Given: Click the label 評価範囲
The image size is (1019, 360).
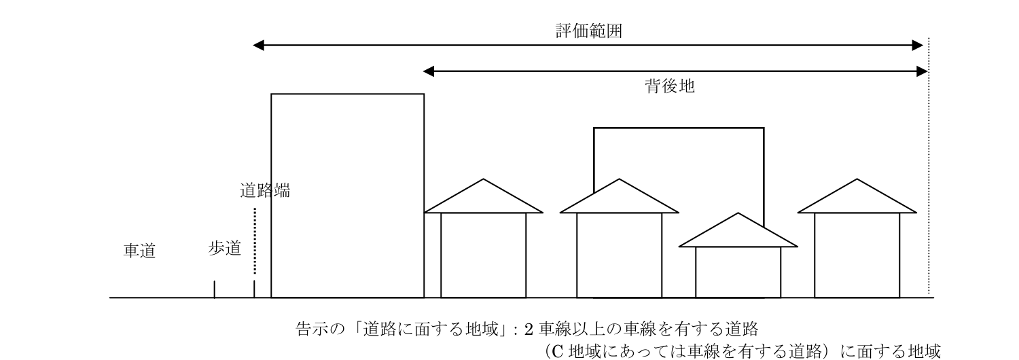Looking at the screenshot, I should pyautogui.click(x=588, y=31).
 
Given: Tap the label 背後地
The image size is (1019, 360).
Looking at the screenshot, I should pyautogui.click(x=669, y=87).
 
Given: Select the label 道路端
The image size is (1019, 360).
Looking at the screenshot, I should pyautogui.click(x=265, y=191).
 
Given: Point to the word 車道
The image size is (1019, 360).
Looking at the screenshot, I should pyautogui.click(x=139, y=251).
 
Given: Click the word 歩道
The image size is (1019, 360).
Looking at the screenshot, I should pyautogui.click(x=225, y=249).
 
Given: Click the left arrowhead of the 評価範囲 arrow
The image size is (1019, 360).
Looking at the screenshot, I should pyautogui.click(x=258, y=46).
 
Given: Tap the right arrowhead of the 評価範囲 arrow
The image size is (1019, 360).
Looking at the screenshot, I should pyautogui.click(x=918, y=46).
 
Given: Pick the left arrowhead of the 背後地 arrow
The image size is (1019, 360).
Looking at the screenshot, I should pyautogui.click(x=428, y=71).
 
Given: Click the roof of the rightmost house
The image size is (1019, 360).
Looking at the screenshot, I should pyautogui.click(x=857, y=199).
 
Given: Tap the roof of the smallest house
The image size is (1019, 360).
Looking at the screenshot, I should pyautogui.click(x=738, y=234).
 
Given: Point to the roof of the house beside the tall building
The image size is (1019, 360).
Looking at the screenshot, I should pyautogui.click(x=483, y=199).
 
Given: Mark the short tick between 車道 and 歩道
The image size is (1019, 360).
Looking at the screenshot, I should pyautogui.click(x=214, y=289).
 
